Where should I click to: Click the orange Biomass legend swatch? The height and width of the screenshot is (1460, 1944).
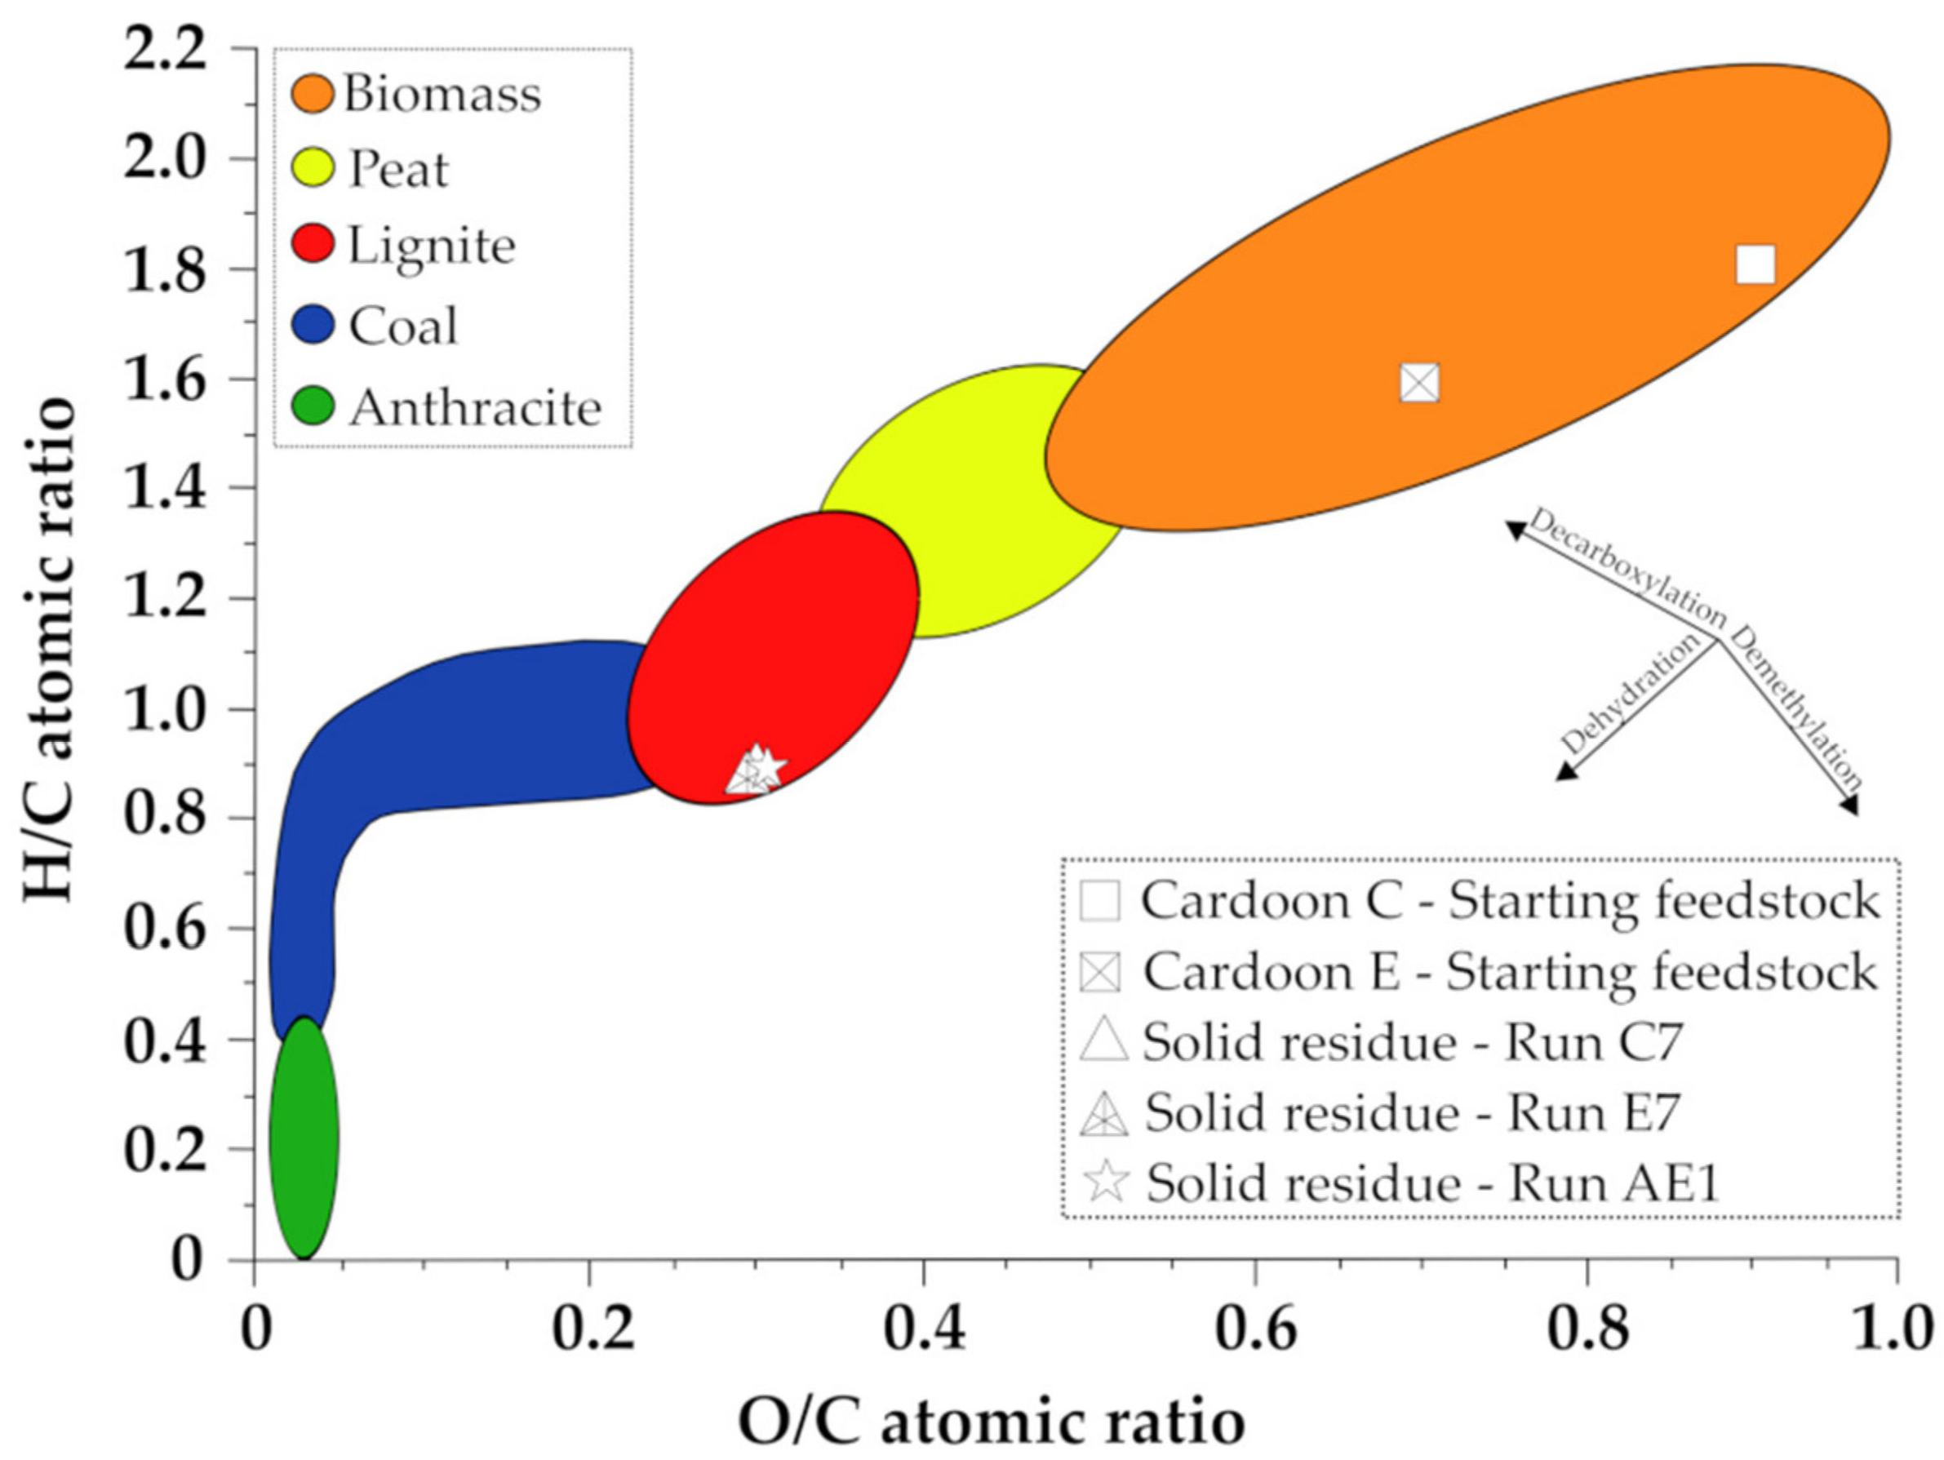(x=312, y=93)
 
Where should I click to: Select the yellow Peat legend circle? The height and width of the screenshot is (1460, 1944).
(x=312, y=169)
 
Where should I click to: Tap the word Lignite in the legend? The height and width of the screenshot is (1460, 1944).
(x=431, y=246)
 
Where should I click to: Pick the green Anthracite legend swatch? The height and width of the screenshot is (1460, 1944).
(x=312, y=407)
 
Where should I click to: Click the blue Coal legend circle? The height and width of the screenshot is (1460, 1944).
(x=312, y=324)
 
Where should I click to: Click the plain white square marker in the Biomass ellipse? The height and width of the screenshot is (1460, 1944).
(x=1755, y=264)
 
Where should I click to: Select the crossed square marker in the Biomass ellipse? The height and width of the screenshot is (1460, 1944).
(x=1419, y=383)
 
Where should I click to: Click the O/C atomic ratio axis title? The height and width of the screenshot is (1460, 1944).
(x=991, y=1422)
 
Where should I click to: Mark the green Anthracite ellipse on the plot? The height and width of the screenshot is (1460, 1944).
(x=304, y=1138)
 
